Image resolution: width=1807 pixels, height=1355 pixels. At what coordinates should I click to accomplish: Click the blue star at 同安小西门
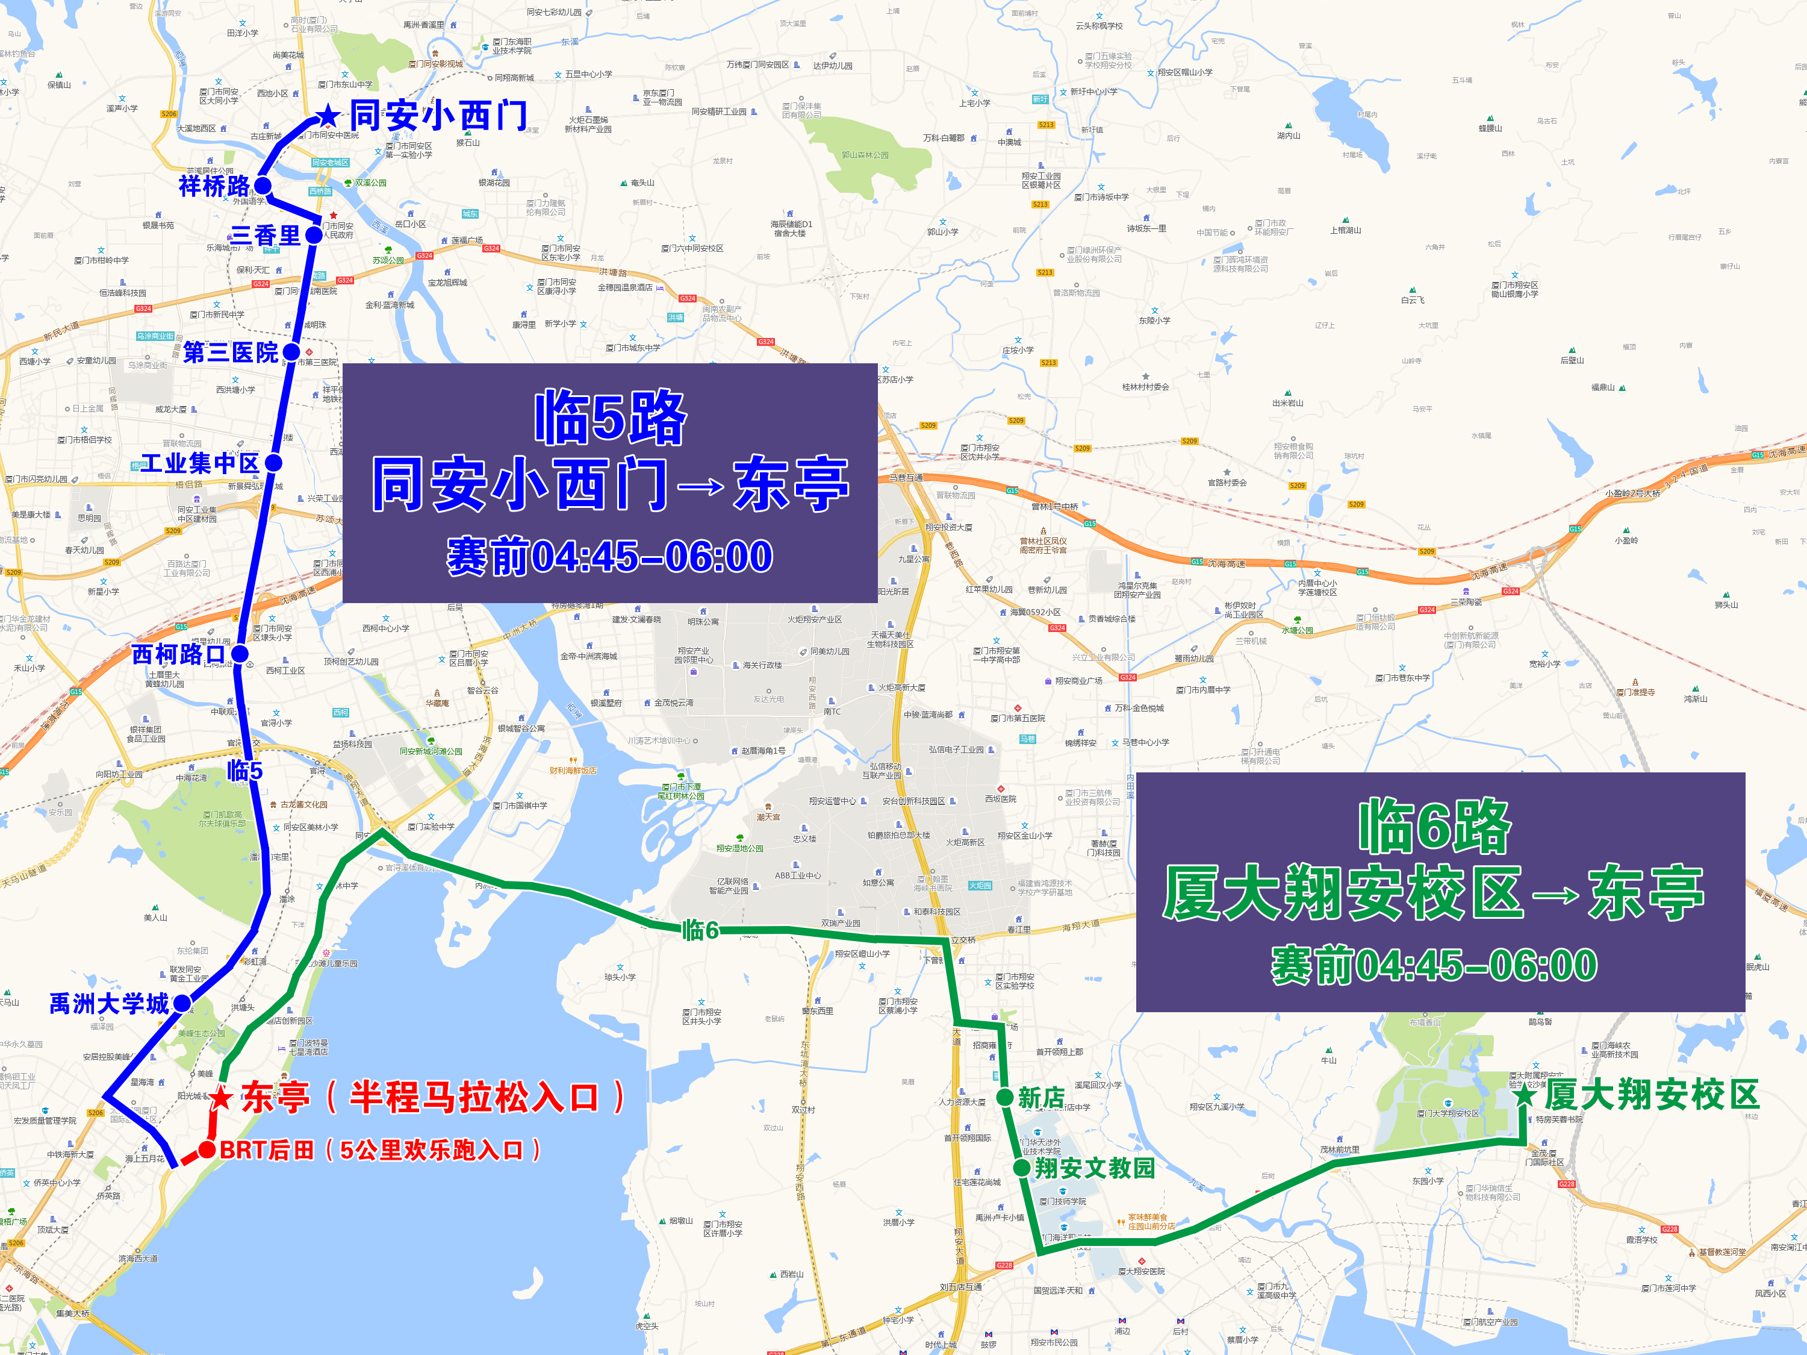(x=328, y=116)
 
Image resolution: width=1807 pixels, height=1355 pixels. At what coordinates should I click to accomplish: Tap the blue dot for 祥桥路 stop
(x=263, y=186)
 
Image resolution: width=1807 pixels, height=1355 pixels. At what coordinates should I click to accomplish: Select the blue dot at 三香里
(x=314, y=236)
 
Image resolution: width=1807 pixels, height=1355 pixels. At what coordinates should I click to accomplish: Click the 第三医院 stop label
(x=231, y=352)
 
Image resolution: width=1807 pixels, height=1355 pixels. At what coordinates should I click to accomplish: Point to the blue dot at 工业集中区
(x=273, y=463)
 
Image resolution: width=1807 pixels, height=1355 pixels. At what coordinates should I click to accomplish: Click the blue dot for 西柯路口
(x=240, y=653)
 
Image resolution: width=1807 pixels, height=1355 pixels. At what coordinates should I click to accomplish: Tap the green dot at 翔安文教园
(x=1021, y=1168)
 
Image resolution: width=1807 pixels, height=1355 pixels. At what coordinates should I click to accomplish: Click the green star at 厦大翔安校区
(x=1525, y=1095)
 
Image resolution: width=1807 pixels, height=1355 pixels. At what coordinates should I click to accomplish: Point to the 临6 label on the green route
(x=700, y=929)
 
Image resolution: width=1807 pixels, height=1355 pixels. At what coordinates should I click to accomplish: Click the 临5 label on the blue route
(x=245, y=770)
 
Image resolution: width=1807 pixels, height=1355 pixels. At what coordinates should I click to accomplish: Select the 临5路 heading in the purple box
(x=610, y=418)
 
